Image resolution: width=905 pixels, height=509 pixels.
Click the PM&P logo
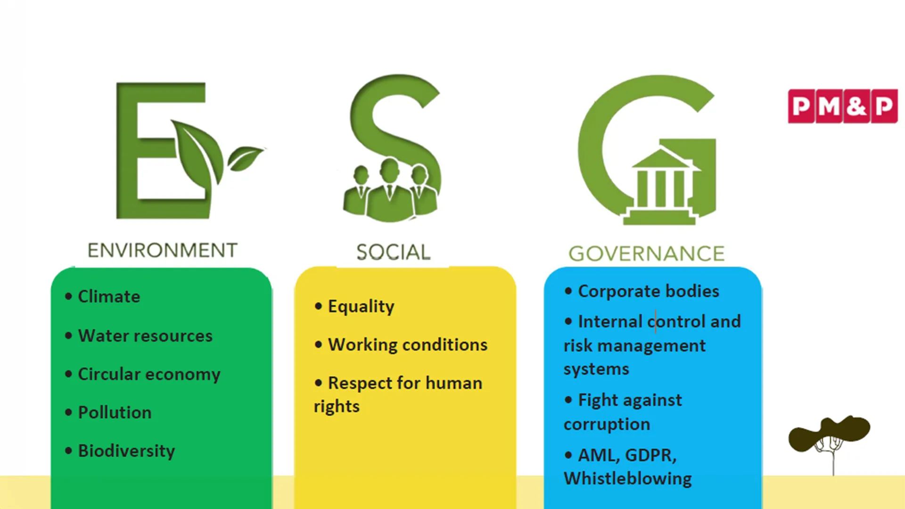(x=843, y=106)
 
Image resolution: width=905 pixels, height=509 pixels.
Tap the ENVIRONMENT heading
(x=163, y=250)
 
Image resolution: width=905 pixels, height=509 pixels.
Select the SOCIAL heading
(x=393, y=252)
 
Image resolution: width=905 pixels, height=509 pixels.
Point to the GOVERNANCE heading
(x=646, y=254)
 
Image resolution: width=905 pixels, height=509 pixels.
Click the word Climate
(x=109, y=296)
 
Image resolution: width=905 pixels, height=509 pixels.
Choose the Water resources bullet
(x=139, y=336)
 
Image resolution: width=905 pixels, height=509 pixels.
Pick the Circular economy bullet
(x=142, y=374)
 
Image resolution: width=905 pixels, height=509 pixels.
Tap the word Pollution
(x=115, y=412)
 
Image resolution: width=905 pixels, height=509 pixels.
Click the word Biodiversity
(x=126, y=451)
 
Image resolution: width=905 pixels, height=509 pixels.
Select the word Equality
(x=361, y=306)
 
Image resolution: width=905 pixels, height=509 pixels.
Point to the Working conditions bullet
(x=401, y=345)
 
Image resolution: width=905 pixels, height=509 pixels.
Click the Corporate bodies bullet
(x=642, y=291)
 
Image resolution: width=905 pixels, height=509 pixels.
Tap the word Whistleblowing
(x=628, y=478)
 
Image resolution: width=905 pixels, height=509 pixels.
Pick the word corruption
(x=607, y=424)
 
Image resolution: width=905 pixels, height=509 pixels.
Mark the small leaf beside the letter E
(x=245, y=158)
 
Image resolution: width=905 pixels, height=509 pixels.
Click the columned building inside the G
(x=660, y=186)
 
